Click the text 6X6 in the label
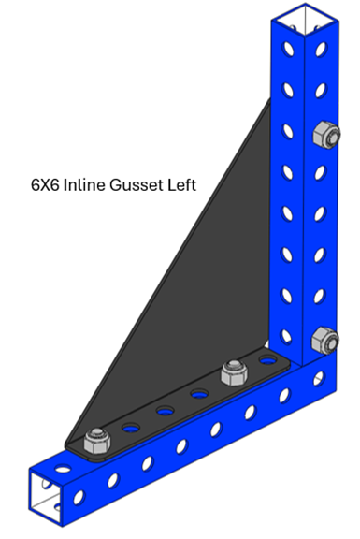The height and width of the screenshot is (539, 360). [x=44, y=185]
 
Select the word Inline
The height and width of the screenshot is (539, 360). [x=84, y=185]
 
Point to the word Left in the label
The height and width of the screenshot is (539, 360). [x=182, y=184]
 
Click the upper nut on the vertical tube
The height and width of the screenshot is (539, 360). [x=326, y=135]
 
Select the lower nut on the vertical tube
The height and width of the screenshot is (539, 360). [x=325, y=341]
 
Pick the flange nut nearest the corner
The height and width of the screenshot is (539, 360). [x=235, y=372]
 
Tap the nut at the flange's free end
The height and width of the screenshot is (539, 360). [x=97, y=441]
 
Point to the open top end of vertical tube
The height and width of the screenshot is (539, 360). [x=305, y=20]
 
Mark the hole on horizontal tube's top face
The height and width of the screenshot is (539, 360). [x=63, y=468]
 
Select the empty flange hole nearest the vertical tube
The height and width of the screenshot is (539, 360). [x=268, y=360]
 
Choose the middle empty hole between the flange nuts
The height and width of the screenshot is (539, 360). [x=166, y=411]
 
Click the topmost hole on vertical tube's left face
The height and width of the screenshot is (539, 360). [x=288, y=49]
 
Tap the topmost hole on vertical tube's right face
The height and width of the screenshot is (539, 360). [x=321, y=49]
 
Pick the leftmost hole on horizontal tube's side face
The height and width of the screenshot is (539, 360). [x=79, y=498]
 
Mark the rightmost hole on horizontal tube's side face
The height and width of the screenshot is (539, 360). [x=319, y=378]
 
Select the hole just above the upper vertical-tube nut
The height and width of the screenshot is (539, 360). [x=321, y=91]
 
